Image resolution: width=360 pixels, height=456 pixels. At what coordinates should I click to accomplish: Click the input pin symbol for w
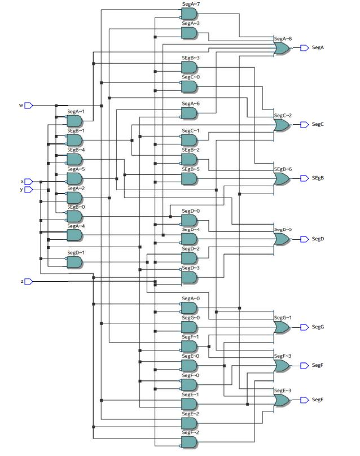pyautogui.click(x=29, y=105)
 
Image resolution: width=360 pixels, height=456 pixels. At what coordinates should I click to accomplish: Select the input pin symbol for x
pyautogui.click(x=29, y=182)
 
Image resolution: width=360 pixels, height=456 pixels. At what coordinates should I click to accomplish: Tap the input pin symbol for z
pyautogui.click(x=29, y=281)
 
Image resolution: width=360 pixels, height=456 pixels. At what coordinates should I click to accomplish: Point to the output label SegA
pyautogui.click(x=318, y=48)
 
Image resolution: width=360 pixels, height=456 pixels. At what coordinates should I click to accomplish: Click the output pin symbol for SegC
pyautogui.click(x=304, y=125)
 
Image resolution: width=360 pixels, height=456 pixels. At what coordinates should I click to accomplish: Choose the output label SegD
pyautogui.click(x=318, y=239)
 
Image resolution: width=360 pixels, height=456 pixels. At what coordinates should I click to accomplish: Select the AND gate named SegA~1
pyautogui.click(x=74, y=121)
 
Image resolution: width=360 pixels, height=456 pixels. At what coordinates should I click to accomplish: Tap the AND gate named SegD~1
pyautogui.click(x=74, y=262)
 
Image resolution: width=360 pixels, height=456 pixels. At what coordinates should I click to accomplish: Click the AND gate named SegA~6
pyautogui.click(x=189, y=113)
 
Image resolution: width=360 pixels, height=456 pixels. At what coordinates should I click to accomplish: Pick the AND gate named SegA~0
pyautogui.click(x=189, y=308)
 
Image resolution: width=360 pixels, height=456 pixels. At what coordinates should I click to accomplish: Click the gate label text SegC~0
pyautogui.click(x=191, y=77)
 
